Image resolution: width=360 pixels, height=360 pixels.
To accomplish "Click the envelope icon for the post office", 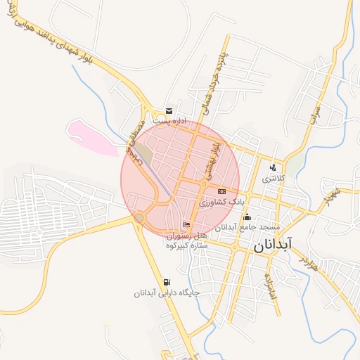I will (169, 110).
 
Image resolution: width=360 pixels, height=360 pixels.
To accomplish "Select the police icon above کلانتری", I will (273, 167).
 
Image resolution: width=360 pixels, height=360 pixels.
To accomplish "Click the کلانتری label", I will (274, 179).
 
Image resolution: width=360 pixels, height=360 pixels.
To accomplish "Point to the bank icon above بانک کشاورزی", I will (222, 191).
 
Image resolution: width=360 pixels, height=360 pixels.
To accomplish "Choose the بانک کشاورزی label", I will (221, 202).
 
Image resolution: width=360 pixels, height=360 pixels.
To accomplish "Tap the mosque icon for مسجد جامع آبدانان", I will (247, 217).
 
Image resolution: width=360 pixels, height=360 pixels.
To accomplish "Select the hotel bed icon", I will (186, 224).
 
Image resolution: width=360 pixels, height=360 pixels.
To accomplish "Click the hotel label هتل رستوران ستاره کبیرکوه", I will (188, 240).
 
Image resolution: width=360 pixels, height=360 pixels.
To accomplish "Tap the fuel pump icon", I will (167, 281).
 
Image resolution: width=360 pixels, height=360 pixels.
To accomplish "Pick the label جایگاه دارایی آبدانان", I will (167, 292).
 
